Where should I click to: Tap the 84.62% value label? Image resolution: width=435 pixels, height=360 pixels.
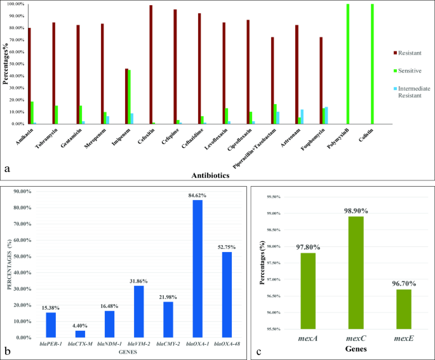click(x=197, y=196)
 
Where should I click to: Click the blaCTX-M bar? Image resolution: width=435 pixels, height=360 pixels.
click(x=80, y=334)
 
